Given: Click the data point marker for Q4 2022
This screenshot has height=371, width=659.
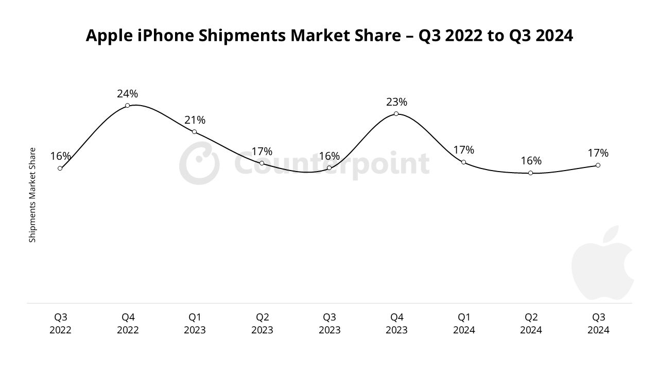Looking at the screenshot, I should click(127, 106).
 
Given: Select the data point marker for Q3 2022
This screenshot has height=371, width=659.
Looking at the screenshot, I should click(60, 168).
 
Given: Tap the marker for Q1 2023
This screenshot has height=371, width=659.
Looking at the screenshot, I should click(194, 132).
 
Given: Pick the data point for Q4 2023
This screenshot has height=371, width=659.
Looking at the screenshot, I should click(396, 114).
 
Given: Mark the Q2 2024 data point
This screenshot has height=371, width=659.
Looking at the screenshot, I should click(530, 173).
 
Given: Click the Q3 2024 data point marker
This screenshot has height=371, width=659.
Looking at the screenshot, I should click(598, 165).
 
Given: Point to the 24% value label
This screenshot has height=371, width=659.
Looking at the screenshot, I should click(127, 94).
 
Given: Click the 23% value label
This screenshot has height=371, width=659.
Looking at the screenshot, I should click(396, 102).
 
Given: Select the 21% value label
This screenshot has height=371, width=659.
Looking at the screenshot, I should click(195, 120).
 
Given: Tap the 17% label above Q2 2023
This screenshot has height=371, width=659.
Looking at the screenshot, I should click(262, 151).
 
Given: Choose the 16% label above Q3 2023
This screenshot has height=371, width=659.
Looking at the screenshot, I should click(329, 156).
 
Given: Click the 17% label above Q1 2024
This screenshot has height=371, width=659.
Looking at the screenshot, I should click(463, 150).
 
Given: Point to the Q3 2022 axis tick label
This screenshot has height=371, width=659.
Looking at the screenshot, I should click(60, 324).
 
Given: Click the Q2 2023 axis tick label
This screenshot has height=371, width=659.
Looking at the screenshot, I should click(262, 324).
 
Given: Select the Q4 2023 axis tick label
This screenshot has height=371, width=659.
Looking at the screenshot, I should click(396, 324).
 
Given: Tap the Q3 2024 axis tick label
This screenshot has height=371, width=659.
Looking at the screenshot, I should click(598, 324).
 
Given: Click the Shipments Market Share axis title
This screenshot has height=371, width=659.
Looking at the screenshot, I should click(32, 195).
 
